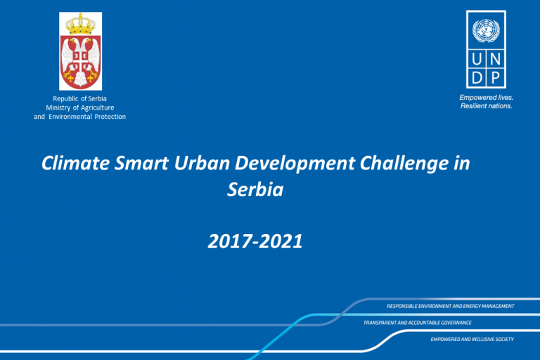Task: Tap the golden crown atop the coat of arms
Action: point(81,24)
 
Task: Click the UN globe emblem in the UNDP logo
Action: point(486,30)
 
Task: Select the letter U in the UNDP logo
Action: point(477,60)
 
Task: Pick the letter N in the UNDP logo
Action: point(495,60)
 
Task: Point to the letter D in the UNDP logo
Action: point(477,78)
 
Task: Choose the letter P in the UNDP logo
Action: point(495,78)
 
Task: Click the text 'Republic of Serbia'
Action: point(79,98)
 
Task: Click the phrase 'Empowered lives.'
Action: point(487,98)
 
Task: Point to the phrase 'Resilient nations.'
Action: point(487,105)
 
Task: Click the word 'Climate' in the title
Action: point(76,163)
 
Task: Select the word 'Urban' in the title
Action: point(202,163)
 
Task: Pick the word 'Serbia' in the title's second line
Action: point(255,189)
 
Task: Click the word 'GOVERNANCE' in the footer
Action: point(454,323)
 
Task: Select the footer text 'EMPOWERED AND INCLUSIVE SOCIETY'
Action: point(472,340)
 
